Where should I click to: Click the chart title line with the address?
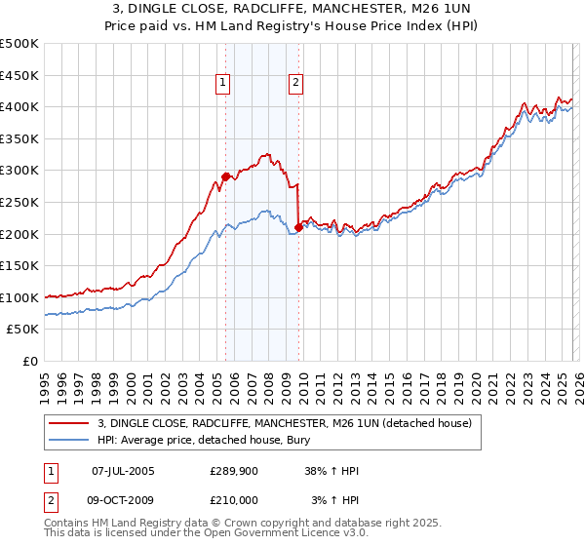point(292,10)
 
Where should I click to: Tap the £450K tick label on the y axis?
point(19,75)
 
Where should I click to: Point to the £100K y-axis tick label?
point(19,297)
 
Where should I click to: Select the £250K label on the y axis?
point(19,202)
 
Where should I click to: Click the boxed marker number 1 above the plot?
point(224,84)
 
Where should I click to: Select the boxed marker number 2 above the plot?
point(294,84)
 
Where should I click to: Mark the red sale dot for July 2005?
point(225,176)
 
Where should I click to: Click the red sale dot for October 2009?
point(298,227)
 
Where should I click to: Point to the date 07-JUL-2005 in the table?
point(123,471)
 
